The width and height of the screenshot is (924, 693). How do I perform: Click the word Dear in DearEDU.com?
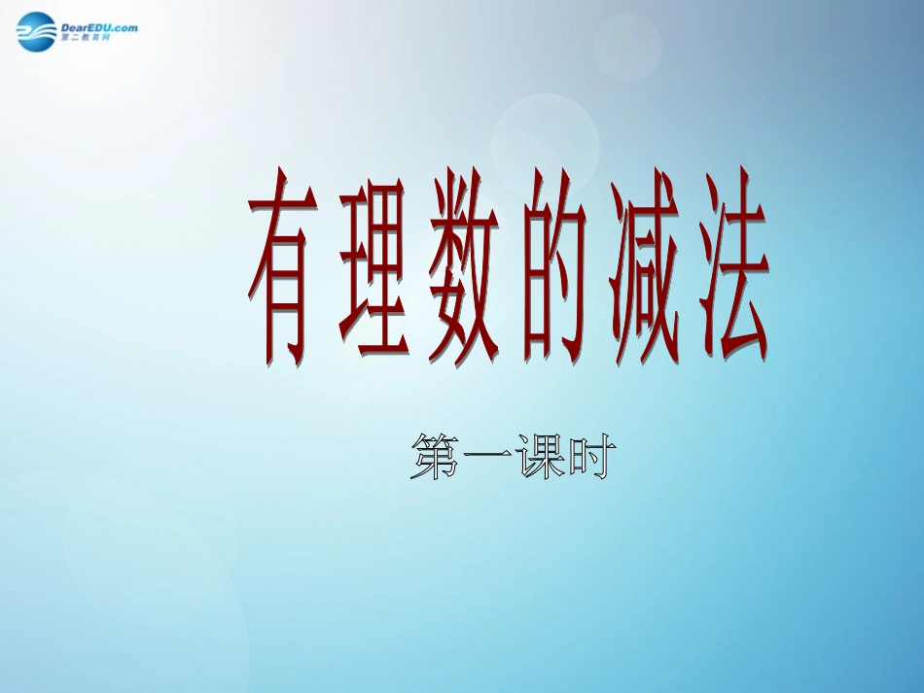tap(75, 27)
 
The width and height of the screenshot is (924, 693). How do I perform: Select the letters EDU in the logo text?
tap(101, 27)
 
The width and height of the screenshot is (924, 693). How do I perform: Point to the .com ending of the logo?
tap(125, 27)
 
